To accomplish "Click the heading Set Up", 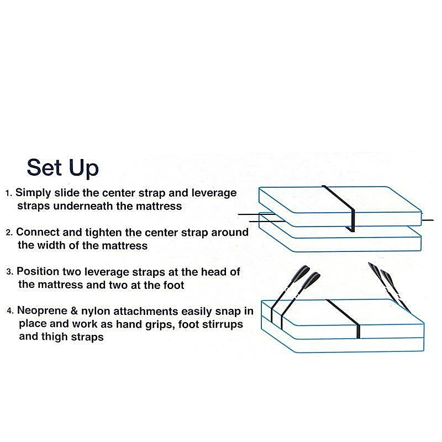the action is click(62, 169).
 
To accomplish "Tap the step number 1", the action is click(9, 193).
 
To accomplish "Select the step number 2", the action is click(9, 233).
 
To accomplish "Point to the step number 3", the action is click(10, 272).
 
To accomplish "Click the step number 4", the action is click(10, 311).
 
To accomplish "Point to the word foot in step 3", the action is click(173, 285).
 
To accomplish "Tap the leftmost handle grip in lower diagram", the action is click(301, 273).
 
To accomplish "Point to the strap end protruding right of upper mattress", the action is click(428, 220).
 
